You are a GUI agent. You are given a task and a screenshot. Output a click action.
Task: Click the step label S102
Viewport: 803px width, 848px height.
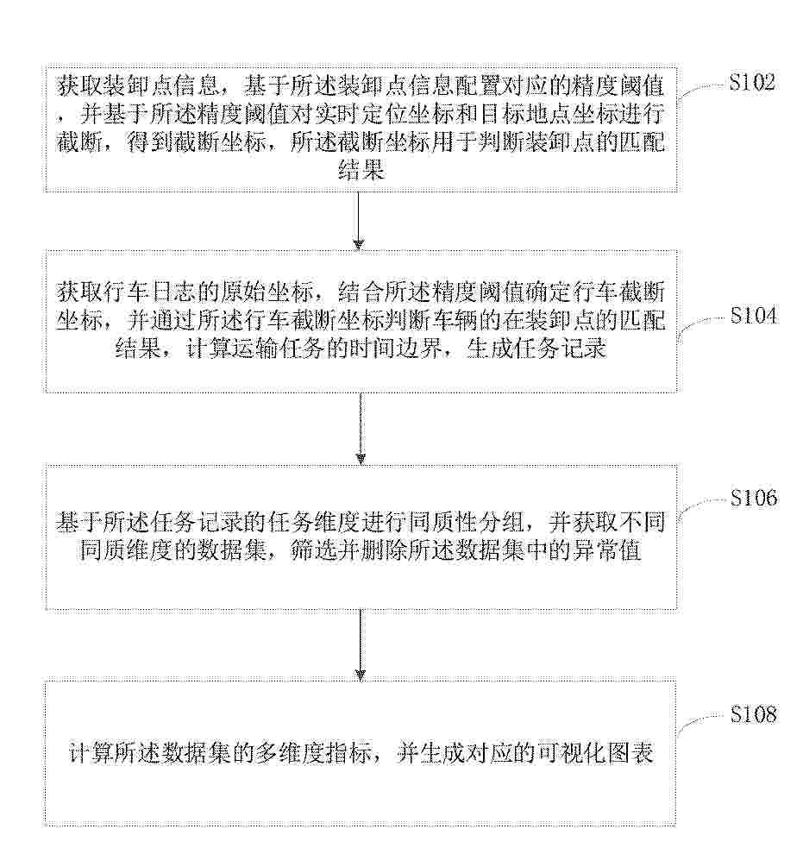751,82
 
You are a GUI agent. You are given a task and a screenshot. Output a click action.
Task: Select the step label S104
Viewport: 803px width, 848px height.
753,315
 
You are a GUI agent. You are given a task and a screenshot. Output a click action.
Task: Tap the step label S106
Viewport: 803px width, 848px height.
754,498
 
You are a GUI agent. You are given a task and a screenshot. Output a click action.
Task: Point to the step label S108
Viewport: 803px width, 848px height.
753,714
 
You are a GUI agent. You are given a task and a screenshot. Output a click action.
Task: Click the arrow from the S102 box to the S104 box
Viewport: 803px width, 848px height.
358,221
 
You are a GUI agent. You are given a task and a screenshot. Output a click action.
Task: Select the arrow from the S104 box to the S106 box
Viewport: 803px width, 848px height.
361,429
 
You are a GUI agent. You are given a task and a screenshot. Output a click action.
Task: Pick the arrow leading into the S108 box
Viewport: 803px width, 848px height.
361,644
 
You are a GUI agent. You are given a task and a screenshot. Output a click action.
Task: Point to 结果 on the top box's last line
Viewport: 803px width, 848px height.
361,171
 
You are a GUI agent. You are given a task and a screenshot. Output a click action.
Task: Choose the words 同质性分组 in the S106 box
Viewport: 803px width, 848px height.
467,523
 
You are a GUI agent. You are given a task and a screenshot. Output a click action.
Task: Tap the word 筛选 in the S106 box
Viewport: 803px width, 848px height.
313,550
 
